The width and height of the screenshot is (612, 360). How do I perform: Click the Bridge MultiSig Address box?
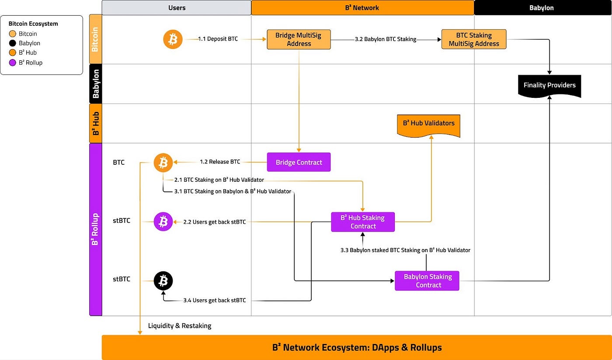[x=299, y=39]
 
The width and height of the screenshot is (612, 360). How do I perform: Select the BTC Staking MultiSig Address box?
[x=474, y=39]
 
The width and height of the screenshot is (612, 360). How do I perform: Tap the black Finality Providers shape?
[x=549, y=85]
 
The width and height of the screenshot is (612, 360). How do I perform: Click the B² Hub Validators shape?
[x=428, y=123]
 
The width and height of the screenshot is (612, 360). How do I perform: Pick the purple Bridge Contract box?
[x=299, y=162]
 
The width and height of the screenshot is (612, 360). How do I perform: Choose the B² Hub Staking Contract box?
[x=363, y=222]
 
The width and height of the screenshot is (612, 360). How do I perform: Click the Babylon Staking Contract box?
[x=427, y=280]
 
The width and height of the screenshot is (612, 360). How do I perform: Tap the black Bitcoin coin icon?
[x=163, y=281]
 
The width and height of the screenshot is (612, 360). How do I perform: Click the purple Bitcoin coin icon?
[x=163, y=222]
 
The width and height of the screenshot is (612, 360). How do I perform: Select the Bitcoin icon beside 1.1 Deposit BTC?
[x=173, y=39]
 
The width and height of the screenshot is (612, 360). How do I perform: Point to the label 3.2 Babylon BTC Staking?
[x=385, y=39]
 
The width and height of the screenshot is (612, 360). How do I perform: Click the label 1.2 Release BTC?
[x=220, y=162]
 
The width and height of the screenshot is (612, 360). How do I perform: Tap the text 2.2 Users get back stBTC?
[x=214, y=222]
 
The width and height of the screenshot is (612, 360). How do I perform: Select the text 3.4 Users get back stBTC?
[x=214, y=300]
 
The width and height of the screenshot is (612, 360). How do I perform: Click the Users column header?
[x=177, y=7]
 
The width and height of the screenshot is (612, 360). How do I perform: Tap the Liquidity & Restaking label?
[x=180, y=325]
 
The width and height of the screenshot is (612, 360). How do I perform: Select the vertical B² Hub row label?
[x=96, y=124]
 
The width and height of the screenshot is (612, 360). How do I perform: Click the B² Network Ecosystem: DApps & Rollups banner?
[x=357, y=348]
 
